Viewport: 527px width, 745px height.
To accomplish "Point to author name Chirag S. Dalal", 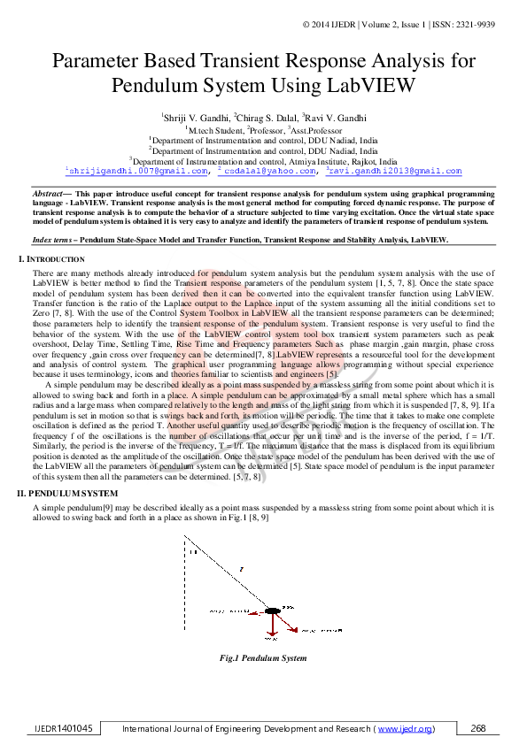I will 267,118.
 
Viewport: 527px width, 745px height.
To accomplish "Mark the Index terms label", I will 52,241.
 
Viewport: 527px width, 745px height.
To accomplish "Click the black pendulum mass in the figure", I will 272,611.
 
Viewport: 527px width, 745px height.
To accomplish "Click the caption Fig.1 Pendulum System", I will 263,658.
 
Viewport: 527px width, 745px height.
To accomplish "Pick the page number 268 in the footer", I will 479,728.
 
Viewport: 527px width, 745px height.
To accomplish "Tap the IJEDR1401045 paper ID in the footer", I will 63,728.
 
